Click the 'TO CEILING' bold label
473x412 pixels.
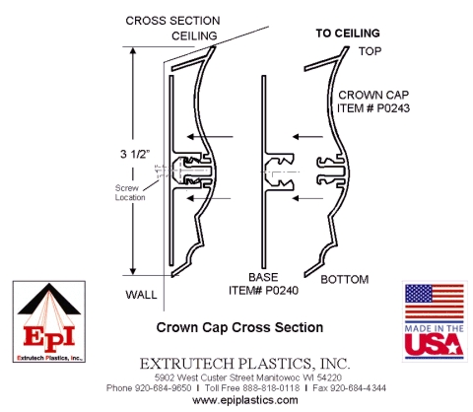click(349, 33)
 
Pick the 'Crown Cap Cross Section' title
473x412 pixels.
click(239, 325)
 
